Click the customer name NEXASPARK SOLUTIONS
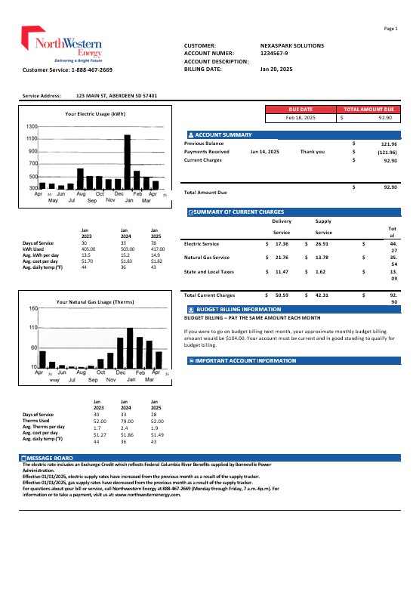[292, 46]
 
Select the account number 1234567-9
[277, 54]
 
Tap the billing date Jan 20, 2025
[276, 69]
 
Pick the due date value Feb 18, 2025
[301, 118]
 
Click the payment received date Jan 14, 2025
[265, 152]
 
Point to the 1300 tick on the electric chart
[32, 126]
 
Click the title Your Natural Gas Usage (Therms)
[96, 302]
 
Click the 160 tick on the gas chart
[33, 309]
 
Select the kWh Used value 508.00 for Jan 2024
[127, 248]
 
